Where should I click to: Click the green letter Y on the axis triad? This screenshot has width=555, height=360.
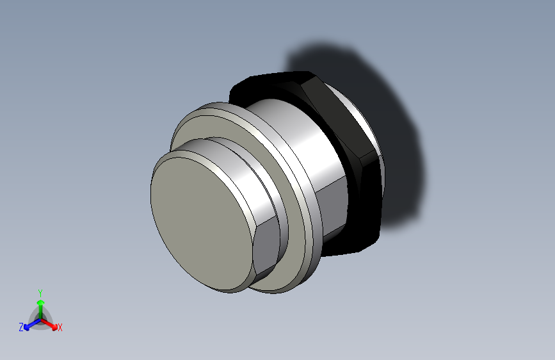click(x=40, y=292)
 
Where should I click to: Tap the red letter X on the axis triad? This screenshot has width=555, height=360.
click(x=60, y=328)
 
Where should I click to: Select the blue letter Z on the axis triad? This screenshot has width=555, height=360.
click(x=21, y=327)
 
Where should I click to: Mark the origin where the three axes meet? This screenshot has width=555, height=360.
click(x=40, y=319)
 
